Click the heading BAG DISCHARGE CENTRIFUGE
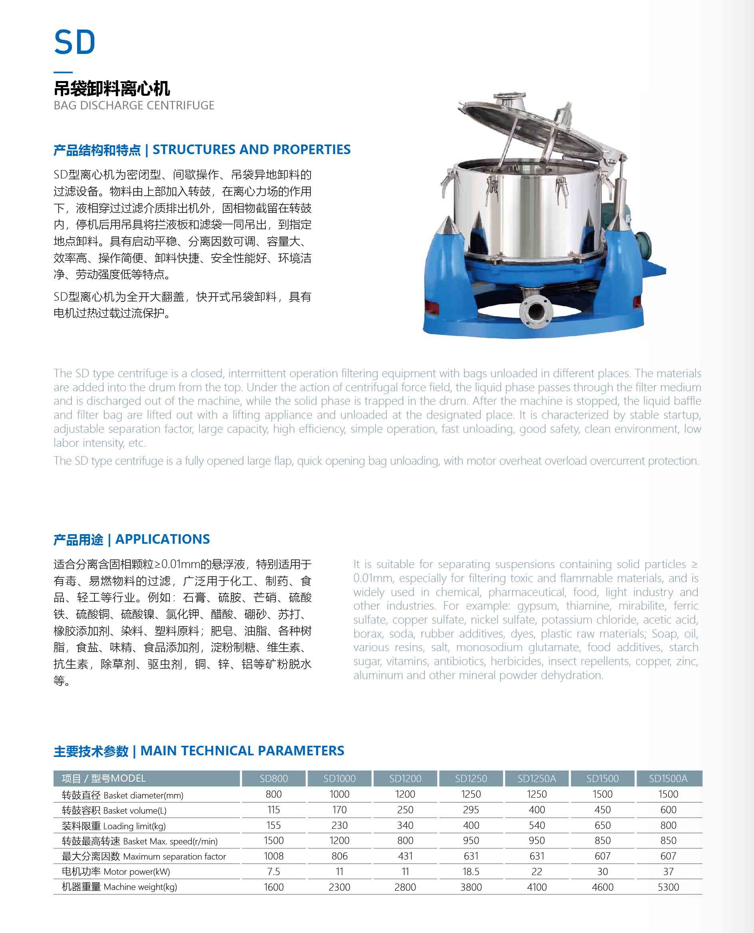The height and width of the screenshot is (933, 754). (134, 105)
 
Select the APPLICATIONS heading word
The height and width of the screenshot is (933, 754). (163, 539)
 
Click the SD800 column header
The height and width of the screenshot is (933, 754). (274, 778)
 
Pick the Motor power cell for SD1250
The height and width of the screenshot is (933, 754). (471, 872)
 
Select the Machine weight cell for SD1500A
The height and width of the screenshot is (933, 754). (668, 887)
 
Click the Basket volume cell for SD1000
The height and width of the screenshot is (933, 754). (339, 810)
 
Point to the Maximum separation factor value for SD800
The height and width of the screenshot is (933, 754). (274, 856)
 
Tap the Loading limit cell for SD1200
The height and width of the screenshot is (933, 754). (405, 825)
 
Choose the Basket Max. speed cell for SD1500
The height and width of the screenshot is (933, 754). (603, 840)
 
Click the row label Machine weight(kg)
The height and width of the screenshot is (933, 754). (119, 887)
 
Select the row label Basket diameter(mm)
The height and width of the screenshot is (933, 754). (123, 795)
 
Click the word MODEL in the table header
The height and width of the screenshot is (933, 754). (128, 778)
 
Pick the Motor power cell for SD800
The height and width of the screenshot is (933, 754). (274, 872)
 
